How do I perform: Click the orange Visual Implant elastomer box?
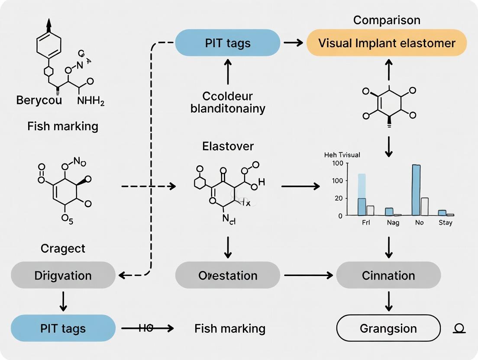[387, 43]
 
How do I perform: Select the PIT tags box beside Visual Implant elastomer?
[227, 43]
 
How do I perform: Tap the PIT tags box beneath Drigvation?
[63, 328]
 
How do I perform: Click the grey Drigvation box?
[63, 275]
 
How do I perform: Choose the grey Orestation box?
[227, 275]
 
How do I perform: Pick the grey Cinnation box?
[388, 275]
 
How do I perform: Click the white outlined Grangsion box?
[388, 328]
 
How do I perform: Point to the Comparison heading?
[387, 20]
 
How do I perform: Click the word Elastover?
[227, 146]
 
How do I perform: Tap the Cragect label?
[63, 248]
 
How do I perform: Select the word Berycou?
[39, 100]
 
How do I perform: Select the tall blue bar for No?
[416, 190]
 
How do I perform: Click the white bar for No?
[424, 206]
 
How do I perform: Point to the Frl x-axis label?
[365, 222]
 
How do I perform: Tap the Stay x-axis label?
[445, 222]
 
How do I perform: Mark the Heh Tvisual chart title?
[342, 154]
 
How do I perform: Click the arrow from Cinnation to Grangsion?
[388, 301]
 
